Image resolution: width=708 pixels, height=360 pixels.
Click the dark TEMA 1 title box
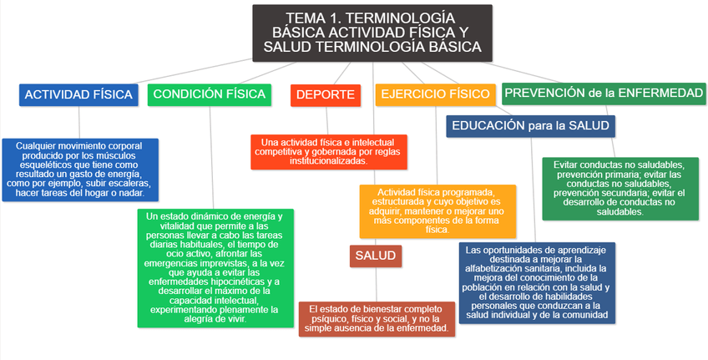(372, 33)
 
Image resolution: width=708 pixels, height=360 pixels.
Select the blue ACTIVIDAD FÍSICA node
(78, 94)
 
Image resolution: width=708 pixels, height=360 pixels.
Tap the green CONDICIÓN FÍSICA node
(209, 94)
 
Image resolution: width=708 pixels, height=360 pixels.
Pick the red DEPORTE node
(324, 95)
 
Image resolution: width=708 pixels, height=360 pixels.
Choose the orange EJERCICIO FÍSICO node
(434, 94)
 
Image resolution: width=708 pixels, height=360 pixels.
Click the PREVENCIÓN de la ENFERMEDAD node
(604, 93)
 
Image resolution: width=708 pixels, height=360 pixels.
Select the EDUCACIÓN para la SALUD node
(531, 126)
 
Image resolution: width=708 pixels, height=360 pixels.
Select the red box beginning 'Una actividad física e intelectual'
(328, 151)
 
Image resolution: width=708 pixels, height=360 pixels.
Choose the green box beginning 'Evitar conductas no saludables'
(619, 188)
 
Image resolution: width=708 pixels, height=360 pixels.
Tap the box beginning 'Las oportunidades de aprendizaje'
(536, 282)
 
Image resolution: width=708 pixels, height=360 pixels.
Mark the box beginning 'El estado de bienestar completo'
(377, 319)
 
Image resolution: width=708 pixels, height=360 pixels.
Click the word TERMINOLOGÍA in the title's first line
(400, 18)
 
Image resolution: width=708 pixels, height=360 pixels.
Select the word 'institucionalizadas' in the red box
(327, 161)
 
